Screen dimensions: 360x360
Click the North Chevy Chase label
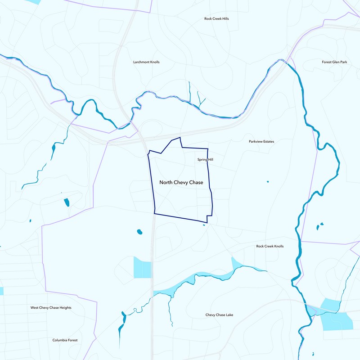pos(181,183)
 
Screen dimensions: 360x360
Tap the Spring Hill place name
pos(205,160)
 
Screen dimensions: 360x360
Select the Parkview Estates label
pos(261,141)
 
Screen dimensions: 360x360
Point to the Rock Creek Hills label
pos(216,19)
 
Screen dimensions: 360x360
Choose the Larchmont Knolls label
pos(146,62)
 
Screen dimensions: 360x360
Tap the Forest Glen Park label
pos(335,62)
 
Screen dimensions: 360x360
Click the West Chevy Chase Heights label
pos(51,308)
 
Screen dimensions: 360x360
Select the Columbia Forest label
pos(65,340)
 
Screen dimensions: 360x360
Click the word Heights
pos(64,308)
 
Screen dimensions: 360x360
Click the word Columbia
pos(60,340)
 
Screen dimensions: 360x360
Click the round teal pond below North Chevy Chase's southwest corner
pos(139,232)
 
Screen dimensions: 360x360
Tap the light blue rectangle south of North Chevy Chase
pos(142,268)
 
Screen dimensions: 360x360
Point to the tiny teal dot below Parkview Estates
pos(268,182)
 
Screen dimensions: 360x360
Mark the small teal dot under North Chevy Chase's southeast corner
pos(204,225)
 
